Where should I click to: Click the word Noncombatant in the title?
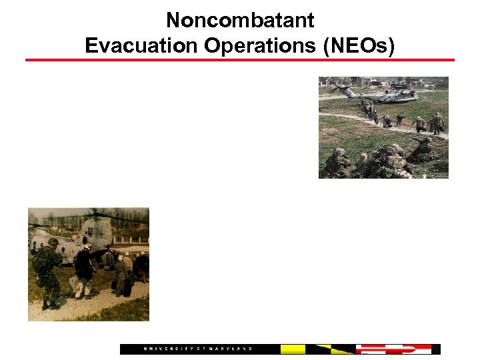coord(240,21)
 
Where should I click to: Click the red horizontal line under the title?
coord(240,60)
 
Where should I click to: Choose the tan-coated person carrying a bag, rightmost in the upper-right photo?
coord(437,123)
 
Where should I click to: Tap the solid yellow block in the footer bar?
coord(293,349)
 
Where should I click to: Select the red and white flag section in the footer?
coord(393,349)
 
